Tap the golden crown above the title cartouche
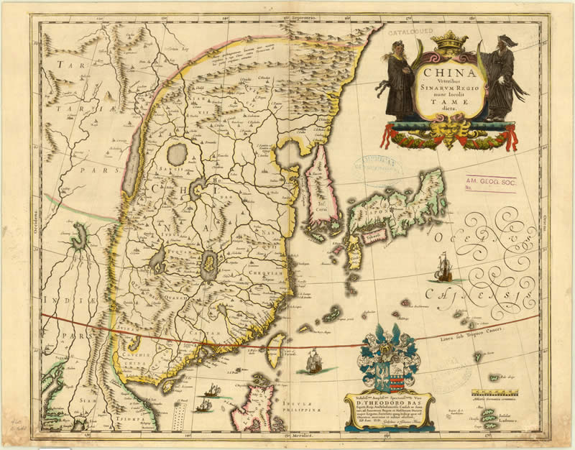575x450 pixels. [x=448, y=42]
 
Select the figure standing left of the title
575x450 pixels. [x=400, y=79]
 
